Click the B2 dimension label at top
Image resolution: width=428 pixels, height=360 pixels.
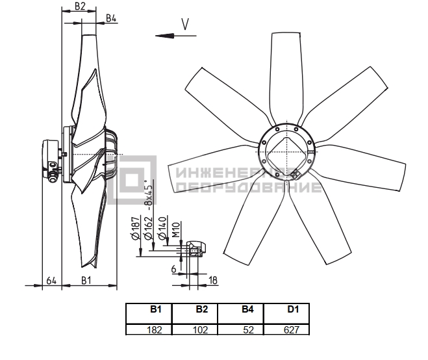(x=80, y=6)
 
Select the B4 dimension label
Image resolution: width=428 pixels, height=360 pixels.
(x=111, y=18)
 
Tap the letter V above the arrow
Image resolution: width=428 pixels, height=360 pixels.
(x=185, y=24)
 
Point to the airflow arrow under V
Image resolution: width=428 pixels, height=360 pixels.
(x=176, y=36)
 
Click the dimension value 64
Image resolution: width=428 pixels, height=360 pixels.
(x=51, y=281)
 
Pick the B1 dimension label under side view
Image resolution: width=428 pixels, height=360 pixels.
(x=86, y=281)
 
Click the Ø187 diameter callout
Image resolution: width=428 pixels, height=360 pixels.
(x=136, y=227)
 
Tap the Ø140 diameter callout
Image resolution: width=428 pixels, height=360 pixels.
(x=162, y=228)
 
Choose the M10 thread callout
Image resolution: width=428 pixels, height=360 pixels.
(x=176, y=230)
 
